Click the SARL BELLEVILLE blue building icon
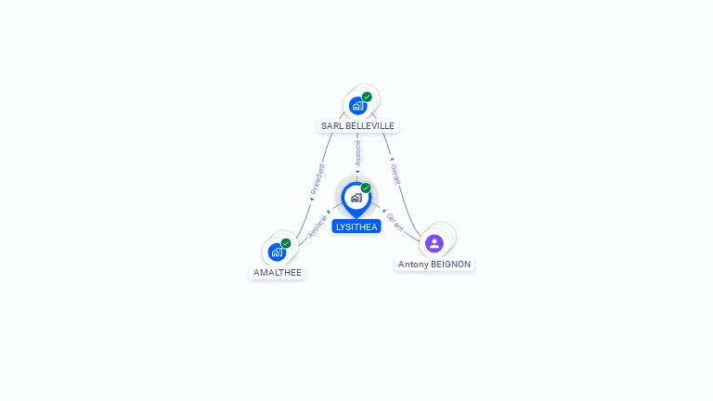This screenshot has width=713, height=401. (357, 106)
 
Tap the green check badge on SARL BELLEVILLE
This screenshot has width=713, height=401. (367, 97)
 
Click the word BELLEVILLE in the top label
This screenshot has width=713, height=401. (369, 126)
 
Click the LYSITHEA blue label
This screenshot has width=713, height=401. (356, 226)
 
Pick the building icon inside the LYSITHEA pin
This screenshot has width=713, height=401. (356, 198)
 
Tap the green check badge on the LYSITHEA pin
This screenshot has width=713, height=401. (366, 188)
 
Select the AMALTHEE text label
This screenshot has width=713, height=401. (278, 272)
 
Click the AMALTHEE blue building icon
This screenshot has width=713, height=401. (277, 252)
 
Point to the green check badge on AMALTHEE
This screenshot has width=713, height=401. (286, 243)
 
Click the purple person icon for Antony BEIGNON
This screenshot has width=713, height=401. (434, 243)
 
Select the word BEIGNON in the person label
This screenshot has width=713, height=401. (450, 265)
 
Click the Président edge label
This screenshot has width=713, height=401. (318, 179)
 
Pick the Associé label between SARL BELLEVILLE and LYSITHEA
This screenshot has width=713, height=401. (357, 153)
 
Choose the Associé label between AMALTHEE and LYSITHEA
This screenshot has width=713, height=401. (318, 226)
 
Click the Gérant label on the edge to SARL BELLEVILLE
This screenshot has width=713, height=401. (396, 175)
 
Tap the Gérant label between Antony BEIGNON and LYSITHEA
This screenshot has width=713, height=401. (395, 222)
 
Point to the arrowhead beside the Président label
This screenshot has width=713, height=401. (312, 200)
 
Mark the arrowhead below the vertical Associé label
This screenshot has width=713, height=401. (357, 172)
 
